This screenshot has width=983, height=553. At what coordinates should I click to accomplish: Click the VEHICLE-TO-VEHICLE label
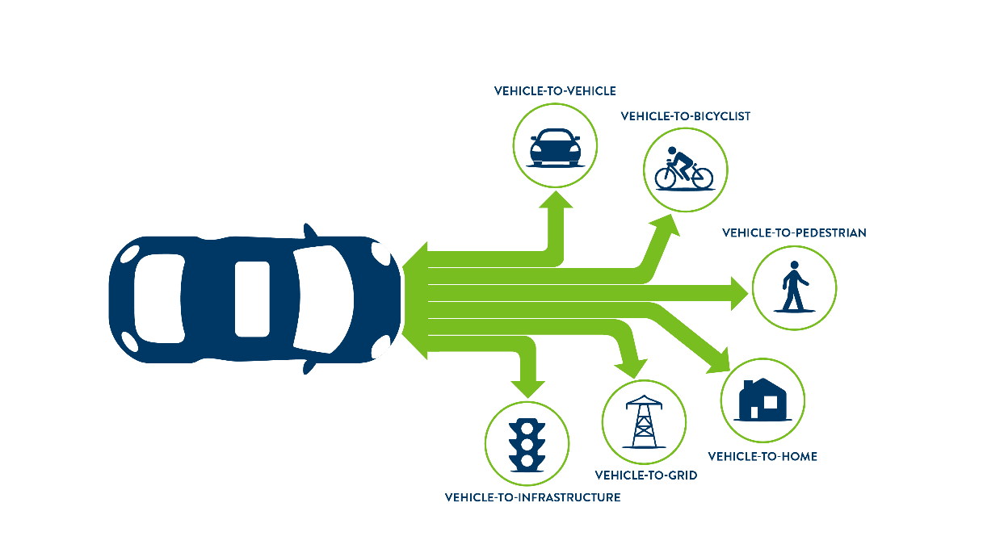coord(555,91)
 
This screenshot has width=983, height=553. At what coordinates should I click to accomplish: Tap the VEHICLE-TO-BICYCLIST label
coord(686,116)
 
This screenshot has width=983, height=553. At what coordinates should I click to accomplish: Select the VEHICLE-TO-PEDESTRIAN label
coord(794,233)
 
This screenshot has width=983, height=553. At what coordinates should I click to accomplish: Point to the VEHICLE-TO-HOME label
coord(762,456)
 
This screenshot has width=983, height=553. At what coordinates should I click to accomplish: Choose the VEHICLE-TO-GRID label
coord(646,475)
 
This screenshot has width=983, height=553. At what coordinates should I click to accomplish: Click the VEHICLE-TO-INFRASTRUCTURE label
coord(533,497)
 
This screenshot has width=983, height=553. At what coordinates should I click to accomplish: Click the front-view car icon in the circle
coord(555,148)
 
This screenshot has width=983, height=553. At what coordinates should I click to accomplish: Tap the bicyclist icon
coord(683,169)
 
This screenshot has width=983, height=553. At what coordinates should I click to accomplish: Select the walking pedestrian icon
coord(794,287)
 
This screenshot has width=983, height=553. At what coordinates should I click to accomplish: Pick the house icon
coord(762,400)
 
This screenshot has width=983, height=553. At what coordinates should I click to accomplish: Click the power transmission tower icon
coord(644,422)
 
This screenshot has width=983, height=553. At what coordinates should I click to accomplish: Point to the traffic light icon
coord(527,445)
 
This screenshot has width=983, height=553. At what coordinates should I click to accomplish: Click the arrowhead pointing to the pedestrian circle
coord(739,293)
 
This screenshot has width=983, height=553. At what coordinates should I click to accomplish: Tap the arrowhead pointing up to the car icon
coord(556,199)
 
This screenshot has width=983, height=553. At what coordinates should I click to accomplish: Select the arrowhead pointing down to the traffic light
coord(528,389)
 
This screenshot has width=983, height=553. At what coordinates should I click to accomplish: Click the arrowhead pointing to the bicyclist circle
coord(666,224)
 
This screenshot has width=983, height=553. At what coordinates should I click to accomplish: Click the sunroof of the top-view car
coord(252,300)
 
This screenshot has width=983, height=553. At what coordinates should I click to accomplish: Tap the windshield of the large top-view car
coord(324,300)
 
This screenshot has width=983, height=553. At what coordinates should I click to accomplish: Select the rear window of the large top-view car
coord(159,299)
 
